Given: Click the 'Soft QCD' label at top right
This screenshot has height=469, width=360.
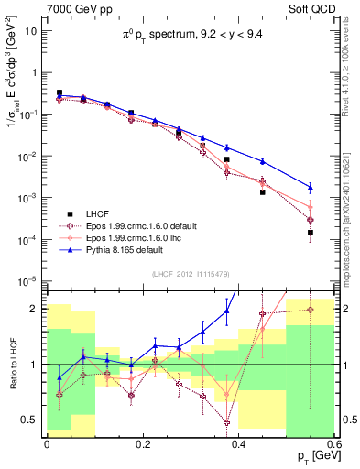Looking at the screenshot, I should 314,8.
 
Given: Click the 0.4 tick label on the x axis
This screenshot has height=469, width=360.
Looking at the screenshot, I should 239,444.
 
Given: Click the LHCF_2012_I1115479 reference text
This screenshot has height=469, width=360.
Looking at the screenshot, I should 190,276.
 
